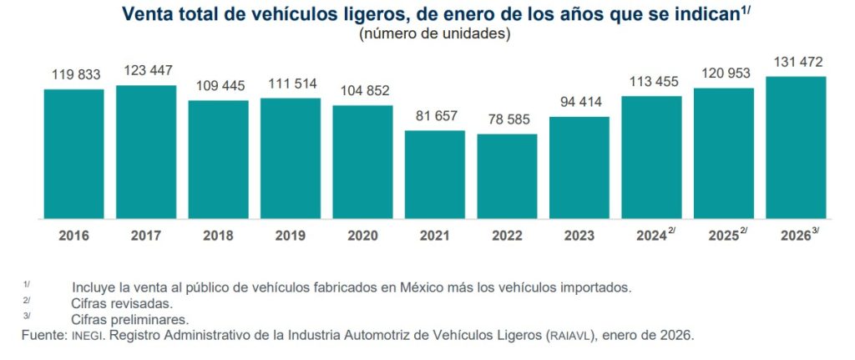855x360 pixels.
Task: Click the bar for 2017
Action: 146,151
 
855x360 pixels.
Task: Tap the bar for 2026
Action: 796,147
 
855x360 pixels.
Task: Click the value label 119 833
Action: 73,73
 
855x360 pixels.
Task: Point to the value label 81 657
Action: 434,114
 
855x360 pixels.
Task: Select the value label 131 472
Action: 796,60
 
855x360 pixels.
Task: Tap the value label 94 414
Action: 579,101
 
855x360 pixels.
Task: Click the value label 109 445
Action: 218,84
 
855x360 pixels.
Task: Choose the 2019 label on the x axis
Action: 290,236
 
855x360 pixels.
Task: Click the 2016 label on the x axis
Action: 73,236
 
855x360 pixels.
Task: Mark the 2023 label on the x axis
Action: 579,236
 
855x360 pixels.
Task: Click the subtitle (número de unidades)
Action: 434,34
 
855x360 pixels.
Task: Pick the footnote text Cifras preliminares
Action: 130,319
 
